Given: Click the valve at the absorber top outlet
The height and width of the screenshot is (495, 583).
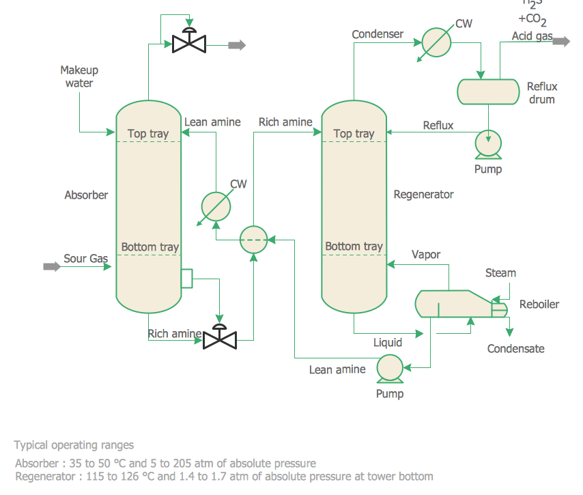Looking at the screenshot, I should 189,43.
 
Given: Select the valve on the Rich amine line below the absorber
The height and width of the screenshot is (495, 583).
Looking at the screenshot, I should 220,337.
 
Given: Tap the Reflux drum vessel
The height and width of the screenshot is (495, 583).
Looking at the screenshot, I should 487,91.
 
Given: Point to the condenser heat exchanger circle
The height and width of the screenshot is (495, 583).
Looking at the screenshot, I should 436,43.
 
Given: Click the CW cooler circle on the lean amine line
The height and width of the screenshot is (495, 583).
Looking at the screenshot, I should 216,207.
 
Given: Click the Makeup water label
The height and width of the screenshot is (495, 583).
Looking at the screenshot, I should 79,76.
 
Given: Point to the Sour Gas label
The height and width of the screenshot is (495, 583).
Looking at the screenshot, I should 86,259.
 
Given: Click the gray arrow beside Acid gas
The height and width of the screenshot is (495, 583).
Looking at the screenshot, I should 561,41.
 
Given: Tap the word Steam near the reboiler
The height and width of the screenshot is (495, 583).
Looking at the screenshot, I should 500,273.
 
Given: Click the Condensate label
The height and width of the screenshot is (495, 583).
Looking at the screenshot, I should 515,349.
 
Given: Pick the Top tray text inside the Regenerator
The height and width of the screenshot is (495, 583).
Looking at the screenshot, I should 354,134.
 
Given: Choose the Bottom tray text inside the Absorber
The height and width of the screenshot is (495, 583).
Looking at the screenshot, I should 150,247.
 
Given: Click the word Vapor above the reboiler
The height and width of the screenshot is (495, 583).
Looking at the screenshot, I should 426,255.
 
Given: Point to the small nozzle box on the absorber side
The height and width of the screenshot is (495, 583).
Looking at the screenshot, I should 186,279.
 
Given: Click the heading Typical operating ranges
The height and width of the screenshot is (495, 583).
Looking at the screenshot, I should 74,445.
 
